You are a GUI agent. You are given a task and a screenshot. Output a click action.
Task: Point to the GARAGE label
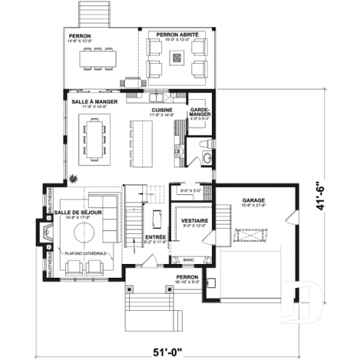254,199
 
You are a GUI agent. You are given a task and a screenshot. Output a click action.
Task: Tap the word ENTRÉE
155,238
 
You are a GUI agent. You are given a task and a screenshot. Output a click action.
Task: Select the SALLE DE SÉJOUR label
78,213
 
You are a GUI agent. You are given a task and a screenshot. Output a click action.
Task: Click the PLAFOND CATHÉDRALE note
87,253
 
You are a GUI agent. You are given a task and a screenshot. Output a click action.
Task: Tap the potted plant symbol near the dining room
73,177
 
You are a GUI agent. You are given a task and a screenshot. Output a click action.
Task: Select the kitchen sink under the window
157,97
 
